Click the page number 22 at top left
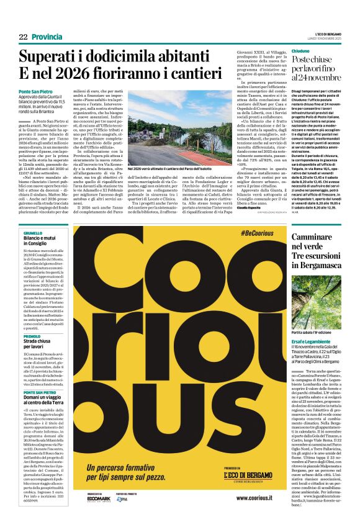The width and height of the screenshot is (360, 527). (x=23, y=37)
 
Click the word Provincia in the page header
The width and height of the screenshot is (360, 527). (x=47, y=37)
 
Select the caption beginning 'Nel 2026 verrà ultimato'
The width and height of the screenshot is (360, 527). (x=171, y=168)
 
